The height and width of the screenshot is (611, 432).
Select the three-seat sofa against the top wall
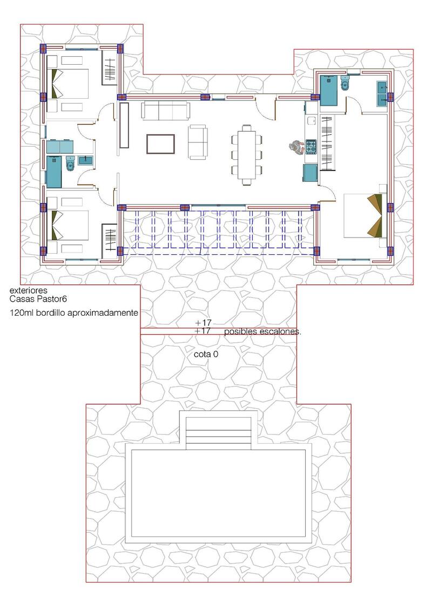pos(165,111)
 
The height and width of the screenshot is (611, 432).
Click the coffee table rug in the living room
pos(160,144)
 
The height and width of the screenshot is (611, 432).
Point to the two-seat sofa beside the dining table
pos(198,142)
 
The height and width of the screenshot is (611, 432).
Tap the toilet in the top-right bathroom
pos(345,84)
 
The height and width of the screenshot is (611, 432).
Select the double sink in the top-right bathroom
pos(382,92)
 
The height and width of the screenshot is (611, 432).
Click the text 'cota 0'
pos(206,355)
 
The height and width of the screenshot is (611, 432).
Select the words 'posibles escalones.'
pos(262,332)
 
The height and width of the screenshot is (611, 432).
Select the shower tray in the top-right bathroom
pos(328,89)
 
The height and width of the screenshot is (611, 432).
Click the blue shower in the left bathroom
pos(54,169)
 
